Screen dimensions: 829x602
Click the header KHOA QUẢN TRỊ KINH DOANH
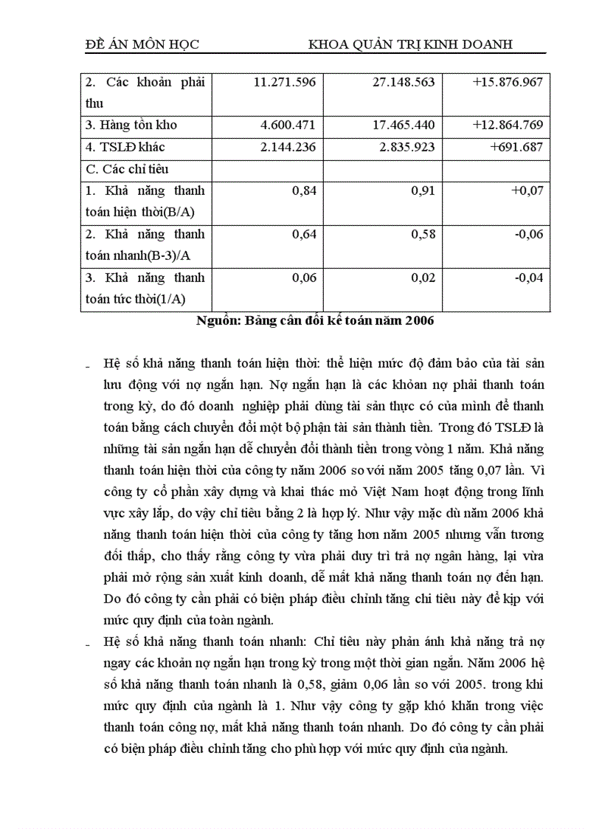pyautogui.click(x=410, y=45)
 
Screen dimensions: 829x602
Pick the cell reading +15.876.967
pyautogui.click(x=508, y=82)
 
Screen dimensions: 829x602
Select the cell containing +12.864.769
pyautogui.click(x=508, y=125)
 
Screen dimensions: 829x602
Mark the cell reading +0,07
pyautogui.click(x=527, y=190)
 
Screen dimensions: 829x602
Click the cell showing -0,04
pyautogui.click(x=529, y=278)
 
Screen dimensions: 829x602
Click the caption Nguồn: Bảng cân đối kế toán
pyautogui.click(x=316, y=321)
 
